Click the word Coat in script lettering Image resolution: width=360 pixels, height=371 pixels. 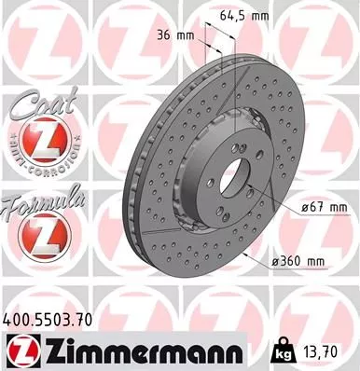point(36,108)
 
